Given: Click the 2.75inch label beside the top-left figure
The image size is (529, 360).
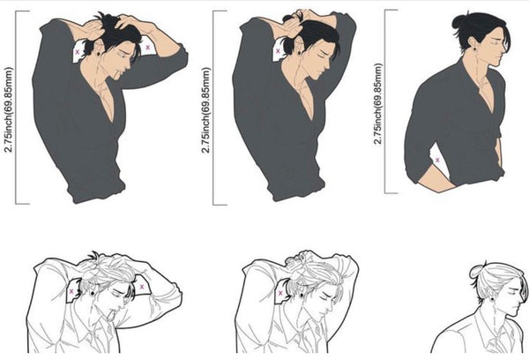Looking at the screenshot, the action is (x=9, y=109).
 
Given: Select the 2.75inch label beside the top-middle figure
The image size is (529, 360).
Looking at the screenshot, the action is (x=206, y=110).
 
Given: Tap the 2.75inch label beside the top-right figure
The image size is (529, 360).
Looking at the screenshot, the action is (x=378, y=104).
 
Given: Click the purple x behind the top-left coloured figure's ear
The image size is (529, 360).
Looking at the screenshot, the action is (x=78, y=52).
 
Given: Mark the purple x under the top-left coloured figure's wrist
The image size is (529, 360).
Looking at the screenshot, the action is (x=147, y=48).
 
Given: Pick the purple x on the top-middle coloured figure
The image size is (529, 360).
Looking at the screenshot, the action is (x=278, y=51).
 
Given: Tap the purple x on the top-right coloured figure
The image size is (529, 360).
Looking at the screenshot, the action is (x=437, y=160).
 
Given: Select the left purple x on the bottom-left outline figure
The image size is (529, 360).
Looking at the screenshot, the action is (x=71, y=291).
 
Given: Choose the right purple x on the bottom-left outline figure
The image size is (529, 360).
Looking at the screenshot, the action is (x=142, y=287).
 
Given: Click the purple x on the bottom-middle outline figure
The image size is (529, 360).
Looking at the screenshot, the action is (x=280, y=293).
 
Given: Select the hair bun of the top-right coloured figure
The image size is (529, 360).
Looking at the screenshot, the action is (x=459, y=21).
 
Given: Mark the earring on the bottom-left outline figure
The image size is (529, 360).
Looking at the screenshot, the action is (x=93, y=294).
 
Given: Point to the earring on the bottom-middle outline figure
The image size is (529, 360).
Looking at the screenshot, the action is (x=302, y=296).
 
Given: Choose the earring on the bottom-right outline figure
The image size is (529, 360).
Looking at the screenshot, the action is (x=492, y=299).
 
